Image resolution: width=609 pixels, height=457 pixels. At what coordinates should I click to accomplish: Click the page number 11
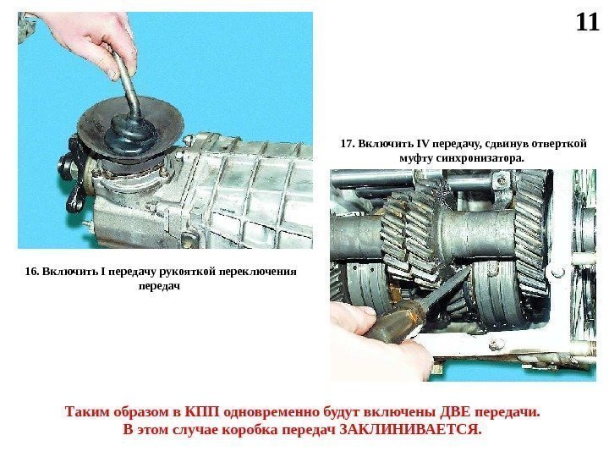[x=587, y=23]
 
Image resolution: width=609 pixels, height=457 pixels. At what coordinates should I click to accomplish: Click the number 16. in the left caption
[x=32, y=272]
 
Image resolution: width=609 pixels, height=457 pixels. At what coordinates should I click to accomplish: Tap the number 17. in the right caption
[x=348, y=144]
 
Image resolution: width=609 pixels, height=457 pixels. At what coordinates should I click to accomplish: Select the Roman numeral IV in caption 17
[x=423, y=144]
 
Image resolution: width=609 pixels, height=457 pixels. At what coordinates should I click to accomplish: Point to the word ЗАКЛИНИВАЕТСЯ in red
[x=410, y=430]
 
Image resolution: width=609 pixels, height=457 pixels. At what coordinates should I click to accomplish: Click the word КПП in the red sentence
[x=202, y=412]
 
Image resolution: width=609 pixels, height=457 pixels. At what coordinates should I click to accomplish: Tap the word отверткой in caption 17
[x=558, y=144]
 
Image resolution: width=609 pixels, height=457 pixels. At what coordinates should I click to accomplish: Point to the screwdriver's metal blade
[x=447, y=288]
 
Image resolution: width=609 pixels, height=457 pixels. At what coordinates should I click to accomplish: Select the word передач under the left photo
[x=159, y=286]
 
